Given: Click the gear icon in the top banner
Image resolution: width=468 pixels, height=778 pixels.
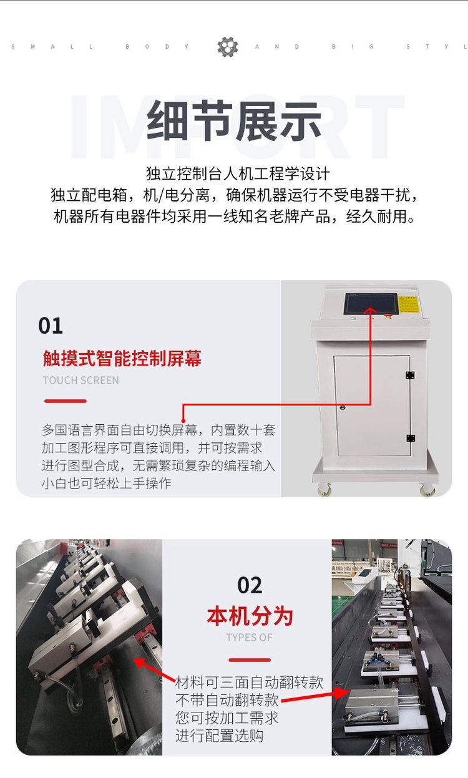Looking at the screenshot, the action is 228,47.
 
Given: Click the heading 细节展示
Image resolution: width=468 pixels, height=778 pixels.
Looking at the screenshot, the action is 234,120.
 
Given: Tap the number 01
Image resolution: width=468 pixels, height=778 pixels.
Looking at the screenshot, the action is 51,326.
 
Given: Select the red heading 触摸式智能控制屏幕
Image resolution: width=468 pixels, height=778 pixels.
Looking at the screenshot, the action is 122,359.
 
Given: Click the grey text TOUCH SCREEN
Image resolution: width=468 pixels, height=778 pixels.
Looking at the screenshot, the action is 81,381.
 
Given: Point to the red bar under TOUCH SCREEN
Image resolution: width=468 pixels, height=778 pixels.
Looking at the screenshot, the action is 66,401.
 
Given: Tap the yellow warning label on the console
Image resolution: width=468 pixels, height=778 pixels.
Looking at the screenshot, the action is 409,304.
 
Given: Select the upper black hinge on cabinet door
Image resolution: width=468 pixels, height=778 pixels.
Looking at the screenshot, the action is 410,375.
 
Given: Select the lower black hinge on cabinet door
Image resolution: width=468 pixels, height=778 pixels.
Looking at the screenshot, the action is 411,438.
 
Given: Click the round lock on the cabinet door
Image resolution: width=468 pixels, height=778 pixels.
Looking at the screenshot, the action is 343,407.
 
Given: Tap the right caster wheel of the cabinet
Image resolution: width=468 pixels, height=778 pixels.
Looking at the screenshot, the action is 427,490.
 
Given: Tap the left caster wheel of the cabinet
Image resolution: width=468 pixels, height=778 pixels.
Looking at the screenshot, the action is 324,489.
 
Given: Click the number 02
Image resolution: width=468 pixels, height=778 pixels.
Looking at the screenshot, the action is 250,585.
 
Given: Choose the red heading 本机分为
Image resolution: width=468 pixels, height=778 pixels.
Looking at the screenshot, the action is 250,616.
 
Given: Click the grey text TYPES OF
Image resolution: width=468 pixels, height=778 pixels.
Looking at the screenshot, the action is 249,638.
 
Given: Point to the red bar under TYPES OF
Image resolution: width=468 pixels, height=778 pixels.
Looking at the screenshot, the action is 250,660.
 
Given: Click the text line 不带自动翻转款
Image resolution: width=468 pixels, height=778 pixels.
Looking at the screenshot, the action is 227,700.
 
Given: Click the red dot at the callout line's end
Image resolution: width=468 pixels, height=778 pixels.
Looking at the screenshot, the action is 183,421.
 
